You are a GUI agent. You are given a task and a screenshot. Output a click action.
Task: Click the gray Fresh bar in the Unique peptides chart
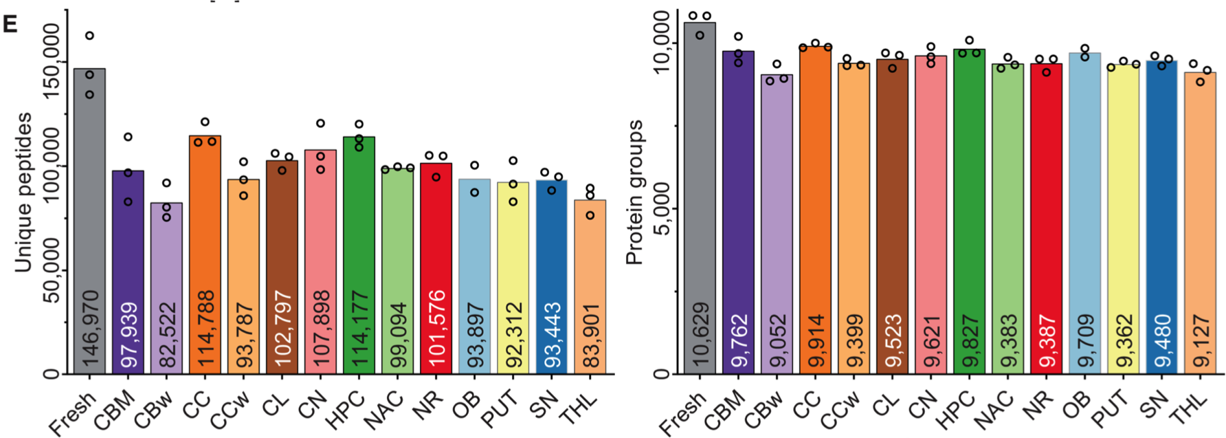click(x=89, y=206)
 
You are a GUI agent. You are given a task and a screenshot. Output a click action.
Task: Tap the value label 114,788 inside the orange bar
click(x=205, y=329)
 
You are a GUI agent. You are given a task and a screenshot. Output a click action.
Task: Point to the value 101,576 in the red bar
click(x=436, y=329)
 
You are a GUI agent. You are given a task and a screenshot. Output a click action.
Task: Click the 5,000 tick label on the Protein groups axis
click(x=661, y=209)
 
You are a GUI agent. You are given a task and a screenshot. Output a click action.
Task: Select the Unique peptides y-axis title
click(x=23, y=193)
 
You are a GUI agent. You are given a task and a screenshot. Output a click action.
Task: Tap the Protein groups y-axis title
click(x=634, y=193)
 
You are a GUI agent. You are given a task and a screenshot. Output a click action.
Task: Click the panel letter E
click(x=10, y=24)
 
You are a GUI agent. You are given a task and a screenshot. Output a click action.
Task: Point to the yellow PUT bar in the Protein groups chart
click(x=1123, y=206)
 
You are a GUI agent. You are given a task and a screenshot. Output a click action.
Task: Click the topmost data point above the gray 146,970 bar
click(x=89, y=35)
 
